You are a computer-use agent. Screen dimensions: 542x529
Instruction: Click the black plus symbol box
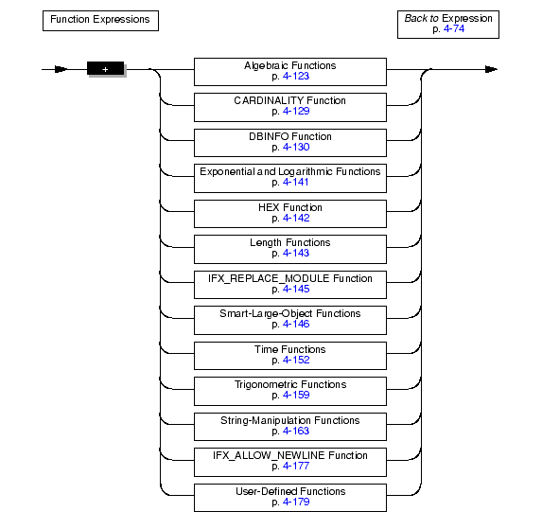[x=105, y=68]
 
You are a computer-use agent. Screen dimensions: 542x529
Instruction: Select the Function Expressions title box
[x=100, y=21]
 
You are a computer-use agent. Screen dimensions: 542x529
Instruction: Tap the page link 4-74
[x=454, y=28]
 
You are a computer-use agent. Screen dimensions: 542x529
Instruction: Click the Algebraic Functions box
[x=290, y=72]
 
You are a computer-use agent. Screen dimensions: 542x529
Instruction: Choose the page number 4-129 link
[x=296, y=111]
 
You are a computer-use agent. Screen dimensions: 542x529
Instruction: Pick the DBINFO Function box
[x=290, y=143]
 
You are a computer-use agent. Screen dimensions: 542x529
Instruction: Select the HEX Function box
[x=290, y=214]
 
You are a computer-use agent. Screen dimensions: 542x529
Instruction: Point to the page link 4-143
[x=296, y=253]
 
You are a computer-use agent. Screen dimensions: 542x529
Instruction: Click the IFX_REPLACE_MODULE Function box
[x=290, y=285]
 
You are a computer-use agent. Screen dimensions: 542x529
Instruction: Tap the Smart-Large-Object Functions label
[x=290, y=313]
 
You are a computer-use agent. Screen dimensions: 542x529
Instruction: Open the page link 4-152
[x=296, y=360]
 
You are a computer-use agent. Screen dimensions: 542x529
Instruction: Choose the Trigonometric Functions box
[x=290, y=391]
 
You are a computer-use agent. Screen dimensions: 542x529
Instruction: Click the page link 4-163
[x=296, y=431]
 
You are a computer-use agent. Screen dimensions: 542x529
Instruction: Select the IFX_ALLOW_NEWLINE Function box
[x=290, y=462]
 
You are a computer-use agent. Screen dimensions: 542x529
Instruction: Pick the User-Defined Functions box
[x=290, y=498]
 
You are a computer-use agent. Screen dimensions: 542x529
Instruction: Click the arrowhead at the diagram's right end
[x=491, y=69]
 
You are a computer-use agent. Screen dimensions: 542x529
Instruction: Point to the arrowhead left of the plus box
[x=61, y=69]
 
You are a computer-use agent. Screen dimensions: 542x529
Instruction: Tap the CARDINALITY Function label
[x=290, y=100]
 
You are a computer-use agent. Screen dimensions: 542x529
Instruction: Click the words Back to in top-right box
[x=421, y=18]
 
